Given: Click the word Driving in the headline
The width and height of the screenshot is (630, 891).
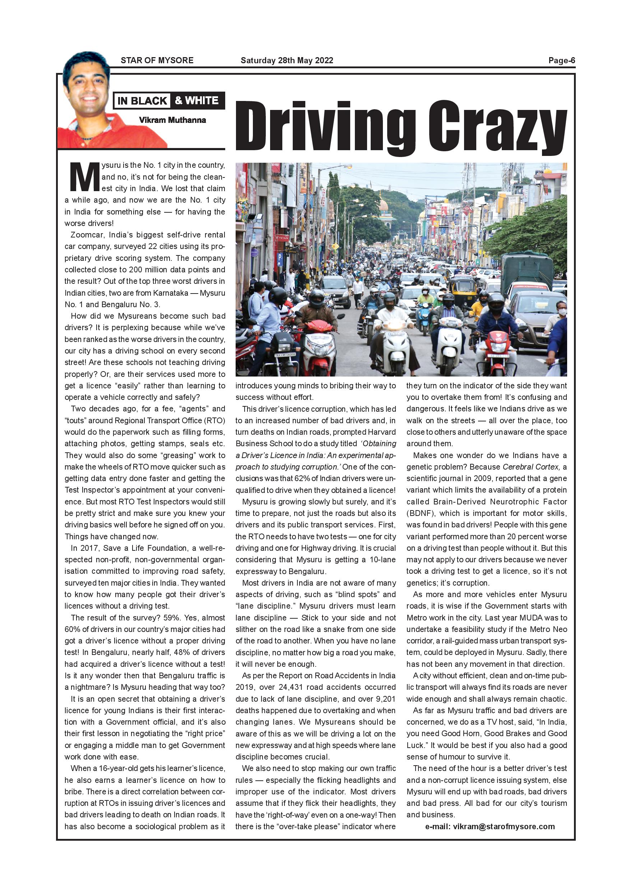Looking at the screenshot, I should [325, 126].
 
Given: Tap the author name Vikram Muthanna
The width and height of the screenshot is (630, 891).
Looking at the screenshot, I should [172, 120].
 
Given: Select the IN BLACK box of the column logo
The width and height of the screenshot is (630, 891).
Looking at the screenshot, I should [142, 101].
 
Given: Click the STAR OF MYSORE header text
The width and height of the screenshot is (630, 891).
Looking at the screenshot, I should [157, 61].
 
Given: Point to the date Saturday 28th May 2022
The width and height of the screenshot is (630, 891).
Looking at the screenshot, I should [287, 61].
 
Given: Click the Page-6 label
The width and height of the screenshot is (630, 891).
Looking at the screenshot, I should [561, 61].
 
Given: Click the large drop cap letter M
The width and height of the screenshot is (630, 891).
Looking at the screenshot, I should [84, 177].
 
